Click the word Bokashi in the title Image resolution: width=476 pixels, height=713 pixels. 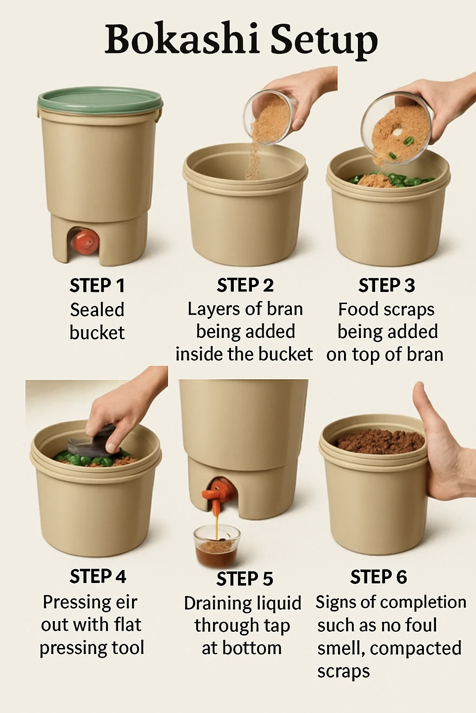pyautogui.click(x=181, y=39)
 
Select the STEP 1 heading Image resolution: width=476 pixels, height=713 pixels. pyautogui.click(x=97, y=285)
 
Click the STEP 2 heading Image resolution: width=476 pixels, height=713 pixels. pyautogui.click(x=245, y=285)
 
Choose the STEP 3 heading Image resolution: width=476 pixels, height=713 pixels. pyautogui.click(x=386, y=285)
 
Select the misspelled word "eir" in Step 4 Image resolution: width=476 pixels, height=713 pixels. pyautogui.click(x=126, y=603)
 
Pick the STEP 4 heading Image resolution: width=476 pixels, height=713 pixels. pyautogui.click(x=98, y=577)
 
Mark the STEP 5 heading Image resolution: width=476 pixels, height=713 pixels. pyautogui.click(x=245, y=579)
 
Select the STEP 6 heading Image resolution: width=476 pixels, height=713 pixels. pyautogui.click(x=378, y=577)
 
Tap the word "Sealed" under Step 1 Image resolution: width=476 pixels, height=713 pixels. pyautogui.click(x=97, y=310)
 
